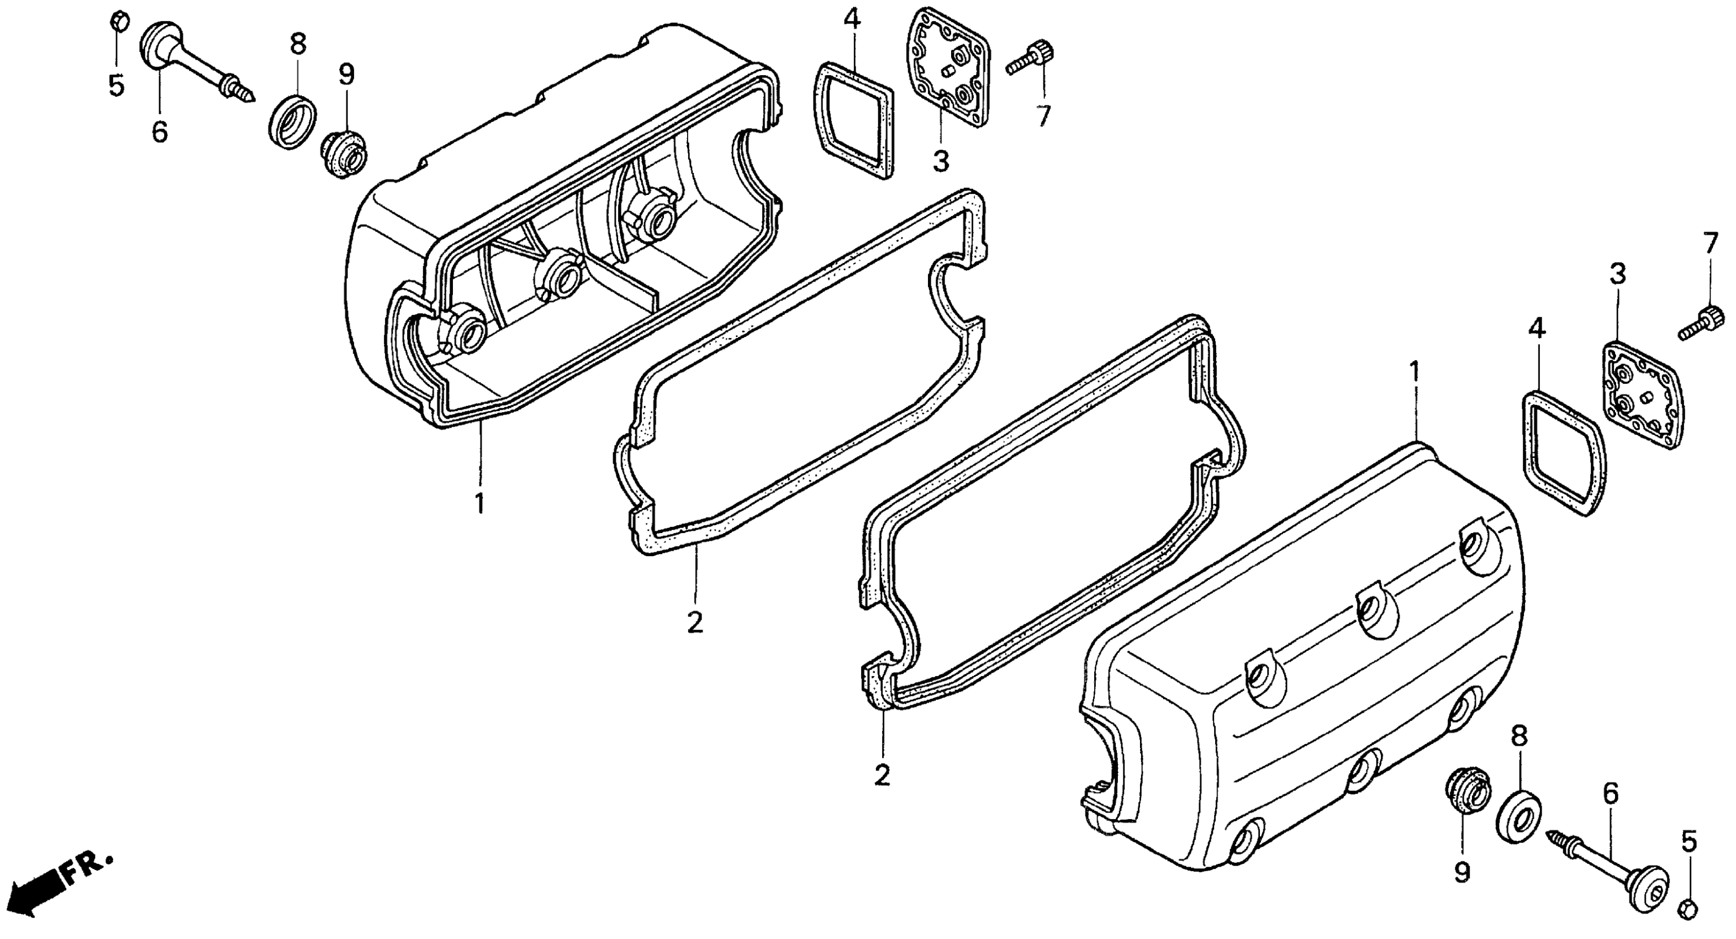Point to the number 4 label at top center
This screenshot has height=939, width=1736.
pos(852,20)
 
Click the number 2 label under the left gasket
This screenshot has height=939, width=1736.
pos(695,622)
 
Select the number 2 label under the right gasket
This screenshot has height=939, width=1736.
pos(882,775)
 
